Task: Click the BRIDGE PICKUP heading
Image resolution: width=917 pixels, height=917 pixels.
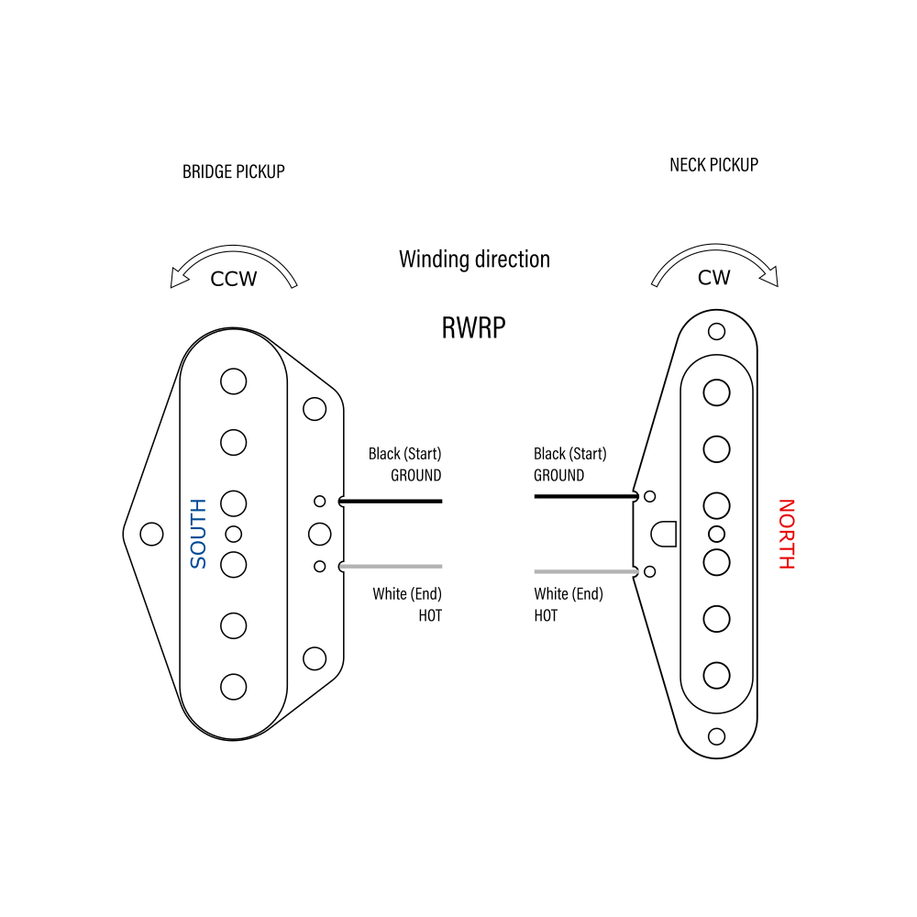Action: click(x=233, y=171)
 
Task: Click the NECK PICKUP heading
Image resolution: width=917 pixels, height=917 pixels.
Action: click(x=713, y=165)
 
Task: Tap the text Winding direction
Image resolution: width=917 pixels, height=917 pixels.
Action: click(x=474, y=260)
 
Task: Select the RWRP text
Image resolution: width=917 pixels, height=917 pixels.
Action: click(x=473, y=327)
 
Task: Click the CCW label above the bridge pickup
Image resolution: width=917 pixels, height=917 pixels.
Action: click(x=234, y=279)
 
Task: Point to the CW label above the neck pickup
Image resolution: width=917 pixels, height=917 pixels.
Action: click(x=713, y=277)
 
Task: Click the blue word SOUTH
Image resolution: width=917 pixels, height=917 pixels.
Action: click(x=198, y=534)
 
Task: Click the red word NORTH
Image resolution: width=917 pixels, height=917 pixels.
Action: click(x=785, y=534)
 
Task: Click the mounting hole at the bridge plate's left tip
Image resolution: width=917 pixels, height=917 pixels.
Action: click(x=149, y=534)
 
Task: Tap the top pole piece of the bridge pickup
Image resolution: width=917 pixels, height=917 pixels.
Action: click(x=234, y=381)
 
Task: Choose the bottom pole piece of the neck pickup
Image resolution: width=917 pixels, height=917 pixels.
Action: click(x=716, y=676)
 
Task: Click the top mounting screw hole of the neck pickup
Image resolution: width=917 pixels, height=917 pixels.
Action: click(x=716, y=330)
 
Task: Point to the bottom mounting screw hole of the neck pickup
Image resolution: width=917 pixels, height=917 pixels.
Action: click(x=716, y=735)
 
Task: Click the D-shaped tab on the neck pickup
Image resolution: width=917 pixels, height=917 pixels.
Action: click(x=664, y=534)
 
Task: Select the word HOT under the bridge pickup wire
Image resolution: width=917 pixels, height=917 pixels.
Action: click(x=430, y=616)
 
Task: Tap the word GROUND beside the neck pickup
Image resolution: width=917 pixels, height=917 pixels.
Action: click(x=558, y=475)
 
